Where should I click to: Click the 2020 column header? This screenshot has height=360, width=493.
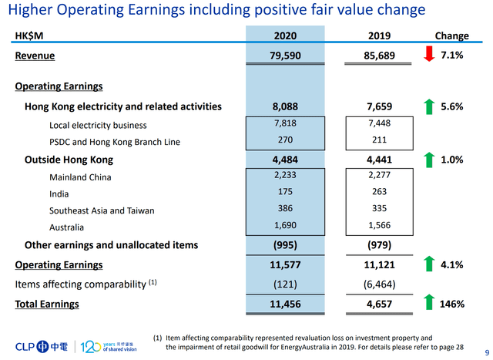(284, 35)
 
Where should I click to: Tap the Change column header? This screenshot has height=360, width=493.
(451, 35)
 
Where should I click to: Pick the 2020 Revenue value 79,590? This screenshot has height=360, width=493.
(284, 56)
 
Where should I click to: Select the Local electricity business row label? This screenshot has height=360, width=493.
(98, 125)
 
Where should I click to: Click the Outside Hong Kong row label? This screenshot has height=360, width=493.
(69, 160)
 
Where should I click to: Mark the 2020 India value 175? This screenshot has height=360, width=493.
(284, 193)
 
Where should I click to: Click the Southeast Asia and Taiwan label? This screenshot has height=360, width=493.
(102, 210)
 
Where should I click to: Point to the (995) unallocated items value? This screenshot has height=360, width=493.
(284, 245)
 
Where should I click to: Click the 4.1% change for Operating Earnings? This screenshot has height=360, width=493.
(451, 264)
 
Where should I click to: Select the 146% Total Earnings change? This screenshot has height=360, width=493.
(451, 304)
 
